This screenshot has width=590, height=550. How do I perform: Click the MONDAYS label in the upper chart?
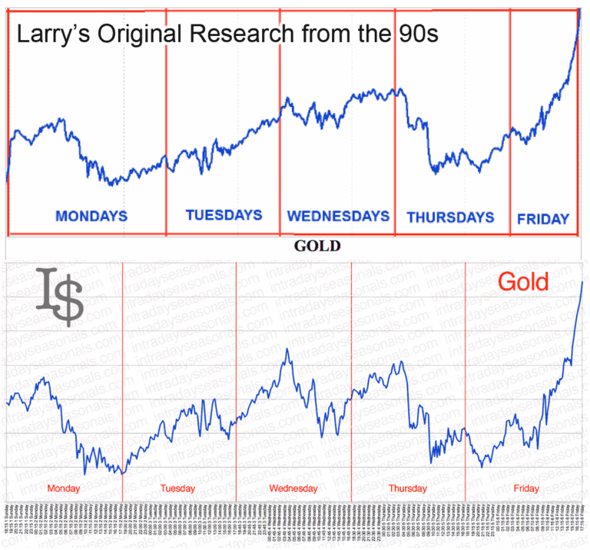tap(91, 216)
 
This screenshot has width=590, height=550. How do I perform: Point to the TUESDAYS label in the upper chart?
tap(224, 215)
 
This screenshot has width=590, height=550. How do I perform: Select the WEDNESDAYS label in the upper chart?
tap(338, 216)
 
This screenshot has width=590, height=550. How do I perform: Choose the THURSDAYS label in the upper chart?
tap(450, 217)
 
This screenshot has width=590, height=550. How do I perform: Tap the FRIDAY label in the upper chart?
tap(543, 219)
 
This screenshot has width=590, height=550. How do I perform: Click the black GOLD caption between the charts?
tap(317, 247)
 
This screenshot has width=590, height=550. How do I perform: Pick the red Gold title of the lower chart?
tap(523, 282)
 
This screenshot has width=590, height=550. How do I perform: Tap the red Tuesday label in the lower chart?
tap(178, 489)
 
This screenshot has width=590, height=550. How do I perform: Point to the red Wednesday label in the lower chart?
tap(293, 489)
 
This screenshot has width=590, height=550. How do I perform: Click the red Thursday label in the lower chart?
tap(408, 489)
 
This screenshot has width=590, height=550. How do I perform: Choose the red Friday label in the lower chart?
tap(527, 489)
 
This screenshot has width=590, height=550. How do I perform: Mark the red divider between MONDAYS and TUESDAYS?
tap(165, 123)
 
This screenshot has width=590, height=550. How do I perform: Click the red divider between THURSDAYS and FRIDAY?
tap(510, 123)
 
